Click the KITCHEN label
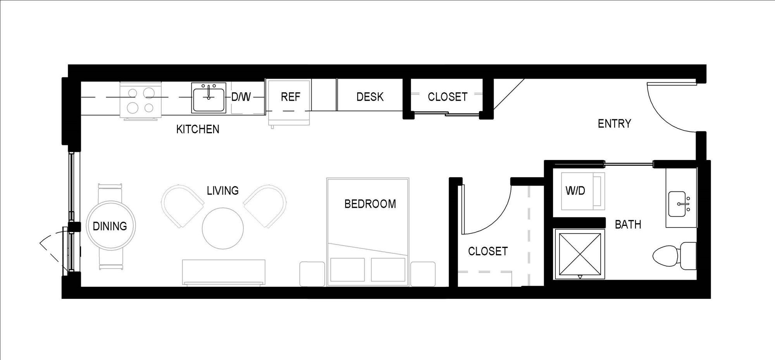coord(198,129)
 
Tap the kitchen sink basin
coord(208,100)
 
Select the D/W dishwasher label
coord(241,96)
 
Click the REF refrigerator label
coord(290,96)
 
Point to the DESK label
coord(370,96)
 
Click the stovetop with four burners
coord(140,100)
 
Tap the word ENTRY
coord(614,124)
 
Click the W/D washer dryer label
coord(575,190)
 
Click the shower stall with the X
coord(580,254)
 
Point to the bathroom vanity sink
coord(680,203)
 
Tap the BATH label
coord(628,224)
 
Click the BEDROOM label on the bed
coord(370,204)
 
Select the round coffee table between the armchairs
coord(223,228)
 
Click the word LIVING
coord(222,191)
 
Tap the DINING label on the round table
coord(110,226)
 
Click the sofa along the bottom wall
coord(224,272)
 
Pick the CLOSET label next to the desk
coord(447,96)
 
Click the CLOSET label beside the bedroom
coord(487,251)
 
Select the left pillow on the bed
coord(347,270)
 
